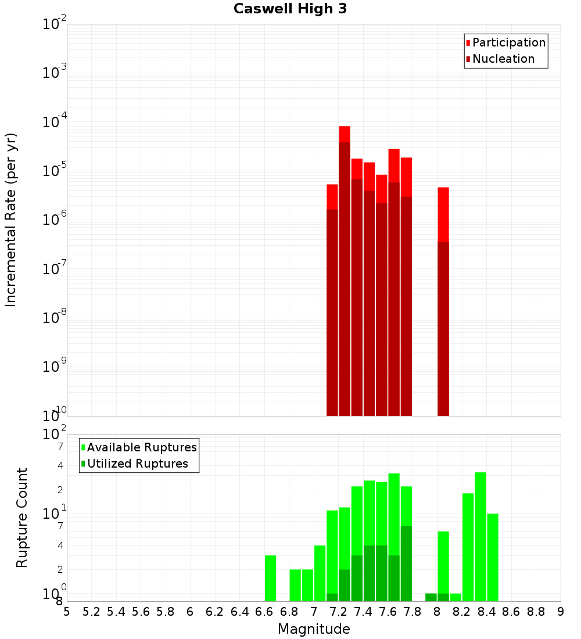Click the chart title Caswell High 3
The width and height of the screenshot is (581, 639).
[290, 9]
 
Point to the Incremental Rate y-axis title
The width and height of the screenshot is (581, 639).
[11, 220]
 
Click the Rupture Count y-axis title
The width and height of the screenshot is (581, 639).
[22, 518]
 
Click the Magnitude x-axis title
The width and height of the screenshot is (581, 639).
[314, 629]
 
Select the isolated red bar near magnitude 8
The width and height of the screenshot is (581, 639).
[443, 302]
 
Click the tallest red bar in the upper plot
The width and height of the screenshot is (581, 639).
[345, 273]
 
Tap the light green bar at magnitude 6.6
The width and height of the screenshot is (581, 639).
[270, 579]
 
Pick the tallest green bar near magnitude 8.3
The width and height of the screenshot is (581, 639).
[480, 537]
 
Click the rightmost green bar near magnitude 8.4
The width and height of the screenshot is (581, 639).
[493, 558]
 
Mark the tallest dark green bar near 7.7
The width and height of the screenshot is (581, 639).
[406, 563]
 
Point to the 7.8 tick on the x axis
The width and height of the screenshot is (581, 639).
[413, 612]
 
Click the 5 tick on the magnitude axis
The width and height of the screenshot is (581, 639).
[67, 612]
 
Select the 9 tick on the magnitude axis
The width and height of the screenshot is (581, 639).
[561, 612]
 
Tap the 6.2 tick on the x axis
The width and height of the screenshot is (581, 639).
[215, 612]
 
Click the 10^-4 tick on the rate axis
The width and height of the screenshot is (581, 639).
[55, 122]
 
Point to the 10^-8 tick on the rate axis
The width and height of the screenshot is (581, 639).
[55, 318]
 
